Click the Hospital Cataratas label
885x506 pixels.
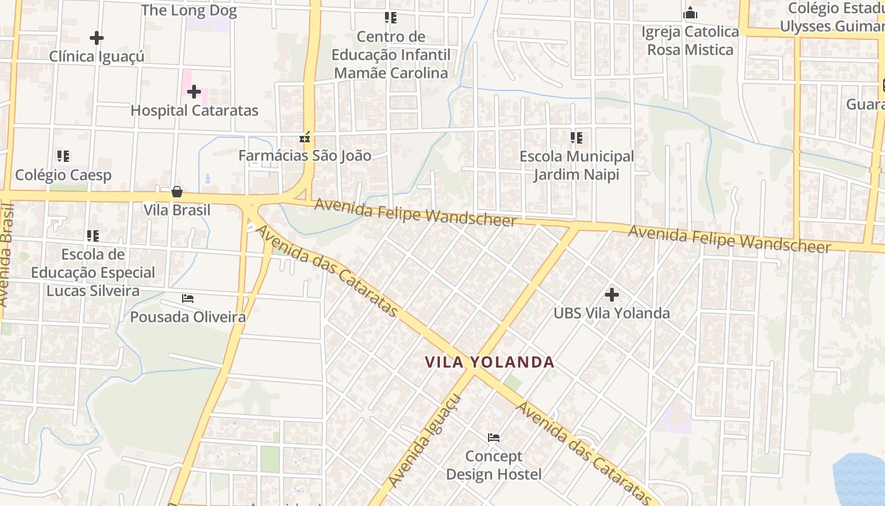(x=194, y=111)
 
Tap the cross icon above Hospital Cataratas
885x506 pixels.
(x=194, y=92)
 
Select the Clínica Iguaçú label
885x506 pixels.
(x=97, y=56)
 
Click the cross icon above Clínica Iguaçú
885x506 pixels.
(x=97, y=38)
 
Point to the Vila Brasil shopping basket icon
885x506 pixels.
(x=177, y=191)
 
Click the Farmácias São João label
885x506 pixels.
(x=305, y=155)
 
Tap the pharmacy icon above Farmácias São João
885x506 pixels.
(x=305, y=137)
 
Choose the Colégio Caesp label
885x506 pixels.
(x=63, y=175)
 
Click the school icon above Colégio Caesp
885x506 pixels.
(x=63, y=156)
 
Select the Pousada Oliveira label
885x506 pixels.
(x=188, y=317)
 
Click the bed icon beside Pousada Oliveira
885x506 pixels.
(x=188, y=298)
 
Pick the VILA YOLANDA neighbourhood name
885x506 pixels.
(x=489, y=362)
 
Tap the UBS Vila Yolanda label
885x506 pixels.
(x=611, y=313)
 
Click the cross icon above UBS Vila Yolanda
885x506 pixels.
(x=611, y=294)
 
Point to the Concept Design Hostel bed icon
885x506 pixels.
(x=494, y=437)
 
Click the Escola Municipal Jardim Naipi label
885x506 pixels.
(x=577, y=165)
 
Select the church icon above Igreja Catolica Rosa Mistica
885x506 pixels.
(x=690, y=13)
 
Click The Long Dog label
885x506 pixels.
(x=188, y=10)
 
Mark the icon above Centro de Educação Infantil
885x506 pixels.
(x=391, y=18)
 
